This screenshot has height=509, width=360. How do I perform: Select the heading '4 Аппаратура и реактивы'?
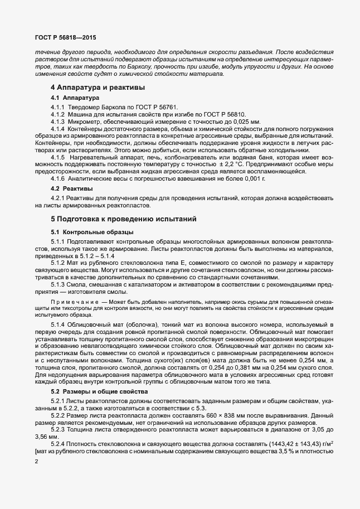[98, 88]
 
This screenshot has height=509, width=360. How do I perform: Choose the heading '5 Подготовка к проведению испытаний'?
[123, 220]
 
